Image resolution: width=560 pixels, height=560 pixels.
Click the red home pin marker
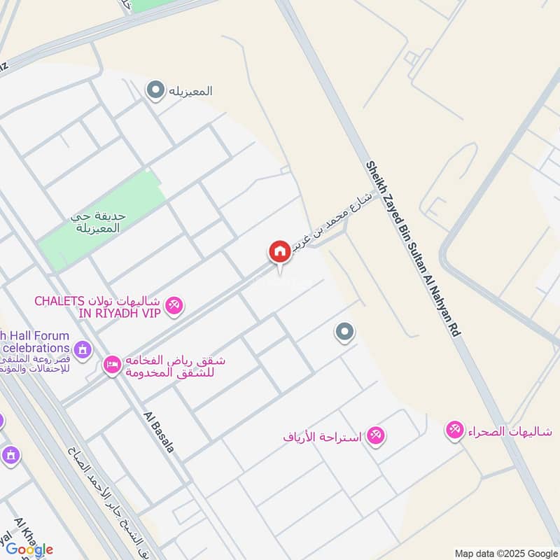pyautogui.click(x=279, y=251)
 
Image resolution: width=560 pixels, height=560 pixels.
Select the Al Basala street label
pyautogui.click(x=158, y=431)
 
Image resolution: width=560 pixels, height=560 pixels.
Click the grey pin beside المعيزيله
pyautogui.click(x=155, y=90)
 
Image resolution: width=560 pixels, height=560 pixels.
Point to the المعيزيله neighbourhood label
pyautogui.click(x=188, y=91)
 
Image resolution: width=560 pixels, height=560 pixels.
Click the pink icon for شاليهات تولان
pyautogui.click(x=175, y=304)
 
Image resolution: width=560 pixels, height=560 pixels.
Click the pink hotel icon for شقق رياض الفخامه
pyautogui.click(x=112, y=364)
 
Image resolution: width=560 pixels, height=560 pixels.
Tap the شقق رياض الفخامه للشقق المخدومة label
pyautogui.click(x=174, y=365)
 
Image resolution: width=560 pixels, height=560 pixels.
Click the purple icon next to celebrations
pyautogui.click(x=83, y=348)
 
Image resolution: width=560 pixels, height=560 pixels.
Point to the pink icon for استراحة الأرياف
pyautogui.click(x=376, y=436)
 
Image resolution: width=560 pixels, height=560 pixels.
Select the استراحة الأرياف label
pyautogui.click(x=322, y=437)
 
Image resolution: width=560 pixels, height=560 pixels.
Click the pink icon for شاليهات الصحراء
pyautogui.click(x=455, y=430)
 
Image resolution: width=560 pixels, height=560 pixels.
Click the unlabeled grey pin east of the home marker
pyautogui.click(x=344, y=332)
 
